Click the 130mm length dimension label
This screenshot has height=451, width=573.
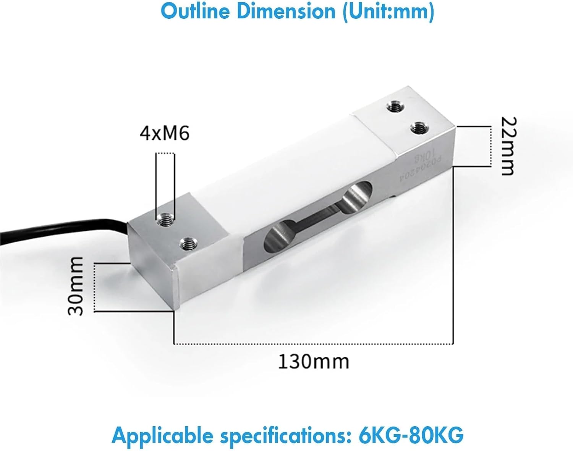point(313,361)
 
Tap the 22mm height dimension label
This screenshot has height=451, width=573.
point(508,146)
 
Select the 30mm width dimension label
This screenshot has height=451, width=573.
point(75,286)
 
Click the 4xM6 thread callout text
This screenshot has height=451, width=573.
point(165,134)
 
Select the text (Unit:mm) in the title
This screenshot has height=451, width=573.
point(388,11)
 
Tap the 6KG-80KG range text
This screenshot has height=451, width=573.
point(411,435)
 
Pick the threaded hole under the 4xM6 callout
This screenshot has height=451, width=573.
point(165,220)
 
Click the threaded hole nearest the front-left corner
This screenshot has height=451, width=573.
point(188,243)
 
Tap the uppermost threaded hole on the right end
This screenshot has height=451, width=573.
point(395,107)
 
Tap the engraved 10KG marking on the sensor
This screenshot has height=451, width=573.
point(424,157)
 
